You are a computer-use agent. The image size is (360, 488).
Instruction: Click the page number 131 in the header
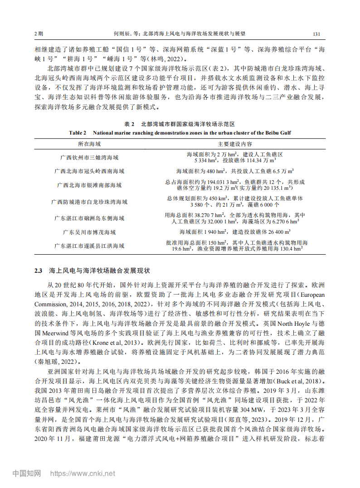click(317, 34)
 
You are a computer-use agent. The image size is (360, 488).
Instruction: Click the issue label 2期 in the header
click(39, 34)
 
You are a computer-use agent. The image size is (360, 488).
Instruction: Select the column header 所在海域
click(89, 144)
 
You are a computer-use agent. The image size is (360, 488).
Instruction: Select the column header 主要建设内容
click(234, 144)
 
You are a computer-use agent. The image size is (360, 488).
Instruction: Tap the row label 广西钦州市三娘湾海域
click(89, 157)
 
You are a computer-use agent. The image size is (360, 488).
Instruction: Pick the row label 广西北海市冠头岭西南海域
click(89, 171)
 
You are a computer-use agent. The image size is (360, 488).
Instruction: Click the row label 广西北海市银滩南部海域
click(89, 185)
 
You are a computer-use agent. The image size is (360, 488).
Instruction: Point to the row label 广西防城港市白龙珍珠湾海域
click(89, 202)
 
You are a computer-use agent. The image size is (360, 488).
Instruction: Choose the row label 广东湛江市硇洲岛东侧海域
click(89, 218)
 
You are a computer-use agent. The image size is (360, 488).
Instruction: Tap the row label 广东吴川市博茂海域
click(89, 232)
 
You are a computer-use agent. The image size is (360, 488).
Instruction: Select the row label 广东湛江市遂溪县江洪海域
click(89, 246)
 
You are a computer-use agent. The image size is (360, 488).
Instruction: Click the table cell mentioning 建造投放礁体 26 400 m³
click(234, 232)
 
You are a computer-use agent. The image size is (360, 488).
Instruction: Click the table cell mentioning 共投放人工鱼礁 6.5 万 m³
click(234, 171)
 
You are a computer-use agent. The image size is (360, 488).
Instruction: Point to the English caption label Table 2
click(78, 133)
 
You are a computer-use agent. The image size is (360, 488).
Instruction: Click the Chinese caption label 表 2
click(130, 124)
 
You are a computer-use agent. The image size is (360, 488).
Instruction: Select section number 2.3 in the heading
click(39, 271)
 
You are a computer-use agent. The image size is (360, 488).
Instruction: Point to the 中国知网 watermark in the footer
click(26, 474)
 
